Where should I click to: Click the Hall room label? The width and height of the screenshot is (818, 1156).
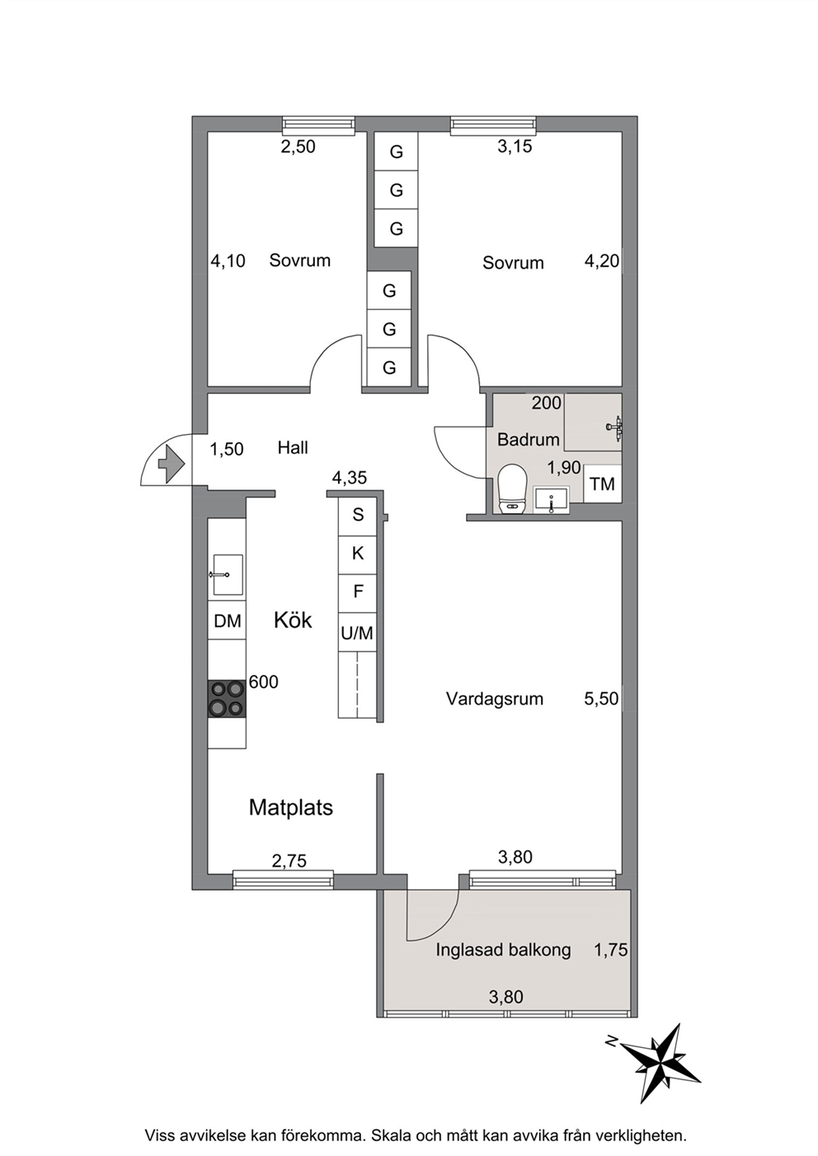293,447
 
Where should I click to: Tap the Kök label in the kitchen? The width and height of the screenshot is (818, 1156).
293,620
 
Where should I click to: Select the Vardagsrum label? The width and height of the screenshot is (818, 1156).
495,699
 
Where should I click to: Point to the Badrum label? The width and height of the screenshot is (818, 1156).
529,440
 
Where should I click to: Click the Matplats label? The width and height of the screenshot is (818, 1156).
291,807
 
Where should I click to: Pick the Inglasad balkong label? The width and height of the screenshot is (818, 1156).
504,949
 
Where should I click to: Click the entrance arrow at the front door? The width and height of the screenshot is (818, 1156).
172,465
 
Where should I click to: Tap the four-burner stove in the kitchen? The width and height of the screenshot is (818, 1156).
227,699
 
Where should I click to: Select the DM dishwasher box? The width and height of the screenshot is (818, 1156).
227,620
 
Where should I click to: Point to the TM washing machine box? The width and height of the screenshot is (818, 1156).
602,484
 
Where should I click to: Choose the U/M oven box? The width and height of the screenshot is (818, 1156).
357,632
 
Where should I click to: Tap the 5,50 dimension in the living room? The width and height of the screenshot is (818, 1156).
601,699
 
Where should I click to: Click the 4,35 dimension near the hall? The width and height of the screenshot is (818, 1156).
349,478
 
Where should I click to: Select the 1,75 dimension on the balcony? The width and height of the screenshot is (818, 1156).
611,949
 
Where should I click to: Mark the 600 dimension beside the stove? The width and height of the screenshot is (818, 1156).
263,682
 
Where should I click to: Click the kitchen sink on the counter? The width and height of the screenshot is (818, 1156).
228,575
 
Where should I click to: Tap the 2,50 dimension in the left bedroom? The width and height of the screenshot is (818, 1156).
298,147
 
